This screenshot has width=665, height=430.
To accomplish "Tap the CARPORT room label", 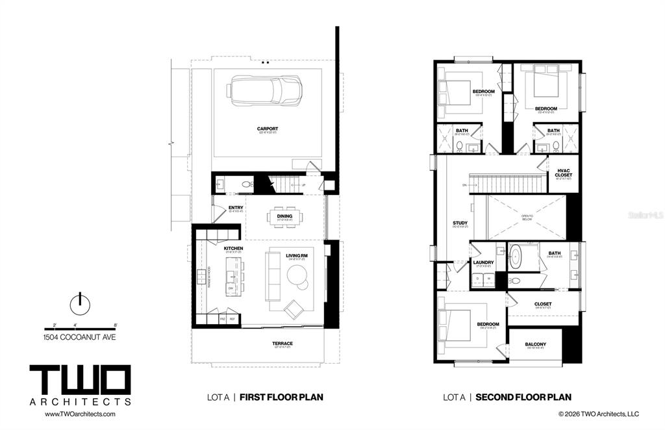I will pos(267,129).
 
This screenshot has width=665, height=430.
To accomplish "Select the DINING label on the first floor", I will pos(284,216).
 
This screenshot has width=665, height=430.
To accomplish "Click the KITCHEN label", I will pos(233,249).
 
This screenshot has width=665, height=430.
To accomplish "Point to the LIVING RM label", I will pos(296,255).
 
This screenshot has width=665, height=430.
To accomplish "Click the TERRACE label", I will pos(282,344).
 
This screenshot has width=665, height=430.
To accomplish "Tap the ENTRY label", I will pos(236,208).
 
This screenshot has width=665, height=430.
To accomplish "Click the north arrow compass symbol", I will pos(80,301).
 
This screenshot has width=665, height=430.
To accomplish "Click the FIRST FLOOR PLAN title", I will pos(281,397).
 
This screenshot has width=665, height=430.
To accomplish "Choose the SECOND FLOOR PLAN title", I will pos(523,397).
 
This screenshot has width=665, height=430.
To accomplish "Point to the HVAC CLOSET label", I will pos(564,173).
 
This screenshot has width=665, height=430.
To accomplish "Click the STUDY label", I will pos(460,223).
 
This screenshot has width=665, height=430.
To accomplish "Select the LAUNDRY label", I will pos(483,262).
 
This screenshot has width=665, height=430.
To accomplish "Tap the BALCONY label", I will pos(535,344).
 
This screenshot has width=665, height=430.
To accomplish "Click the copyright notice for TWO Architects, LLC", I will pos(599,414).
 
